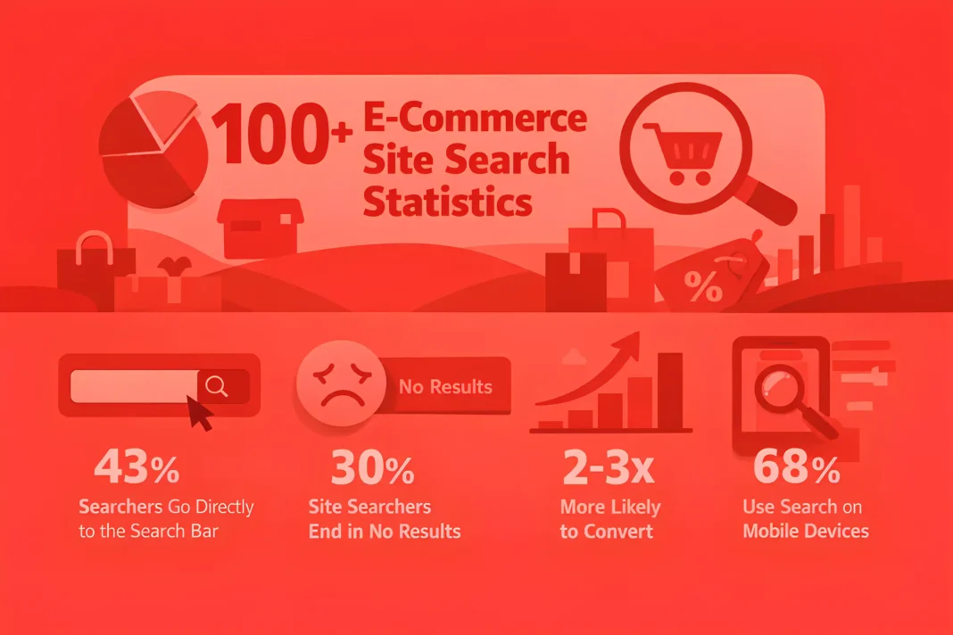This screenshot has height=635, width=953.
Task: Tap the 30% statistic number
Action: point(373,467)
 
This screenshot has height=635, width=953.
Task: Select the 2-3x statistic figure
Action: point(609,467)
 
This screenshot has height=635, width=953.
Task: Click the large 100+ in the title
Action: point(281,134)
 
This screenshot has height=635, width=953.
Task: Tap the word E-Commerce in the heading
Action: point(475,117)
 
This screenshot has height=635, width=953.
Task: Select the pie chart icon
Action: point(153,150)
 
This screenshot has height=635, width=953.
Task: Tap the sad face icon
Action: point(341,383)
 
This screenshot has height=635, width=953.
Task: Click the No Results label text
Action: point(445,386)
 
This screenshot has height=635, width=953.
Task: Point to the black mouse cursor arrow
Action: point(199,413)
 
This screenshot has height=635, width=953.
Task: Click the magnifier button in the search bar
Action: point(217,386)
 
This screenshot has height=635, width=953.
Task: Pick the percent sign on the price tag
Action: point(703,286)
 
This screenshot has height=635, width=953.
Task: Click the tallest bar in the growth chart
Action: point(670,391)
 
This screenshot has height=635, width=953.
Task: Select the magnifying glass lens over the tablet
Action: point(779,388)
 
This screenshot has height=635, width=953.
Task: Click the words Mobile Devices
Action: point(806,531)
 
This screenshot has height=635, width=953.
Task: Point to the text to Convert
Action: point(607,531)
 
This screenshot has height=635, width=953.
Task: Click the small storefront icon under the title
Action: point(261,228)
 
